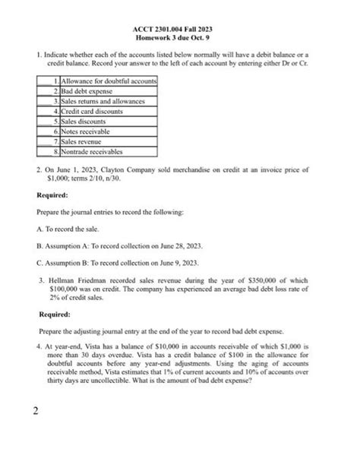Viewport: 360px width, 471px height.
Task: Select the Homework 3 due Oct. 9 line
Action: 179,37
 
